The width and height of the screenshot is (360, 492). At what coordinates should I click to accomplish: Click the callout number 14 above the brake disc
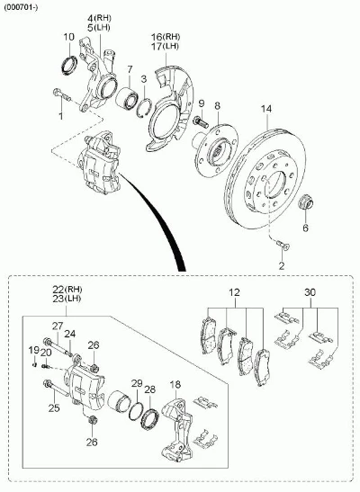[266, 109]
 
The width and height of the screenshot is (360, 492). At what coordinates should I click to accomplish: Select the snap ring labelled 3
[144, 107]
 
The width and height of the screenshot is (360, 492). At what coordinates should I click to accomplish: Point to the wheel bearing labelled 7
[126, 98]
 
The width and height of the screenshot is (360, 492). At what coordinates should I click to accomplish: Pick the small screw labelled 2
[283, 245]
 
